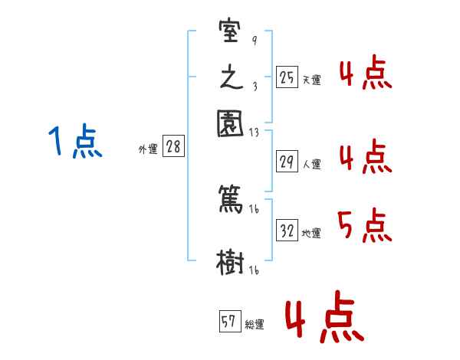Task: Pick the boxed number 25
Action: point(286,77)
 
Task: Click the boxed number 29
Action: point(286,162)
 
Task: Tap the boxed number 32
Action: point(287,231)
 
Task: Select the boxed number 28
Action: point(173,147)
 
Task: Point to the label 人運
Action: point(311,164)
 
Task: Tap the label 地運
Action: point(311,233)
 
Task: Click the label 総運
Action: point(255,325)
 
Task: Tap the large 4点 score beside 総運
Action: point(324,319)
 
